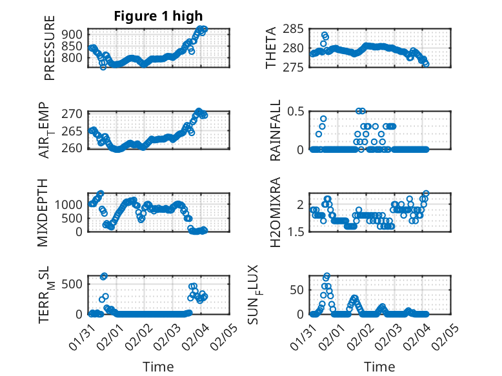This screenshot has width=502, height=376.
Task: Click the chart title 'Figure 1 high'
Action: (x=158, y=16)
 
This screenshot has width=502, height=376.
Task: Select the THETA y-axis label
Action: (x=270, y=48)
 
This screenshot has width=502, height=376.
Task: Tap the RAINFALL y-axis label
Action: (x=276, y=130)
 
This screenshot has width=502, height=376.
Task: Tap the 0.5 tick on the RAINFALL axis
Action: (x=295, y=112)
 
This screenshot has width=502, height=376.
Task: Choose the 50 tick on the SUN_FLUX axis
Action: (x=297, y=290)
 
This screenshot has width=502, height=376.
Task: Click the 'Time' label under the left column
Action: (x=158, y=366)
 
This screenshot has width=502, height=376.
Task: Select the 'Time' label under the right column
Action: (x=380, y=366)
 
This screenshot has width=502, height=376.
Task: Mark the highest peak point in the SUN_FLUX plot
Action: (x=326, y=276)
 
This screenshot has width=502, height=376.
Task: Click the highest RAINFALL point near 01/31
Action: (x=323, y=119)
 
